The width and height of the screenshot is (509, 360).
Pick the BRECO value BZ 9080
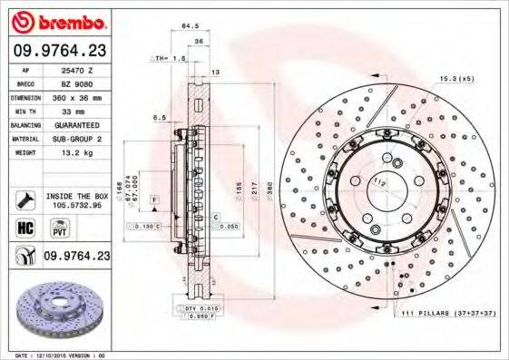pos(78,83)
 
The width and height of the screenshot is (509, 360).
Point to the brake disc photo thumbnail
pos(57,309)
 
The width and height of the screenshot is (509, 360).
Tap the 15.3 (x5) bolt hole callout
pos(455,79)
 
